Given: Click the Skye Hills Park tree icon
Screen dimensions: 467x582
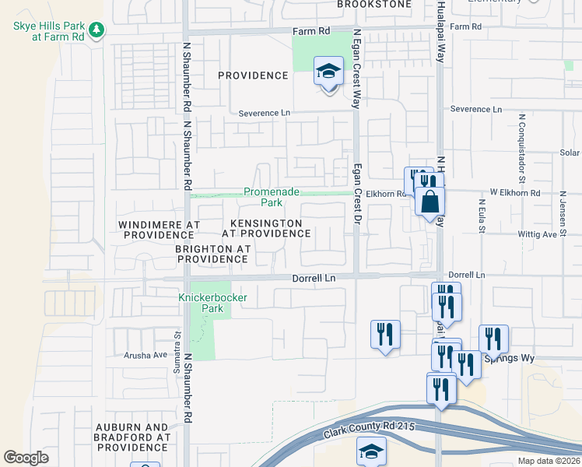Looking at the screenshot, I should (96, 30).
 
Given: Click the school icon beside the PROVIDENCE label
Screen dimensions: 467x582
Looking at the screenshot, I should (328, 72).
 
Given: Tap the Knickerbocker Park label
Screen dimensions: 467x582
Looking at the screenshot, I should (201, 303).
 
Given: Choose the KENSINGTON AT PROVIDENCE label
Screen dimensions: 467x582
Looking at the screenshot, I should (266, 228).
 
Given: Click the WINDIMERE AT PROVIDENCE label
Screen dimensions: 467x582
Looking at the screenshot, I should (159, 229).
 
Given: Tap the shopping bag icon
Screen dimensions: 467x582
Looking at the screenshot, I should (429, 202).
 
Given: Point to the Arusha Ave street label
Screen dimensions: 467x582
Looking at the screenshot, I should (146, 355).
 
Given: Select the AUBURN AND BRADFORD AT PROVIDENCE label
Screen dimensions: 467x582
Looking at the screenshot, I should (132, 437).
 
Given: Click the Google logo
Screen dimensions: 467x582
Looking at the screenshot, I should (26, 458).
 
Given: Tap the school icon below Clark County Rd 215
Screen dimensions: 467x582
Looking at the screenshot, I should (371, 451).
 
